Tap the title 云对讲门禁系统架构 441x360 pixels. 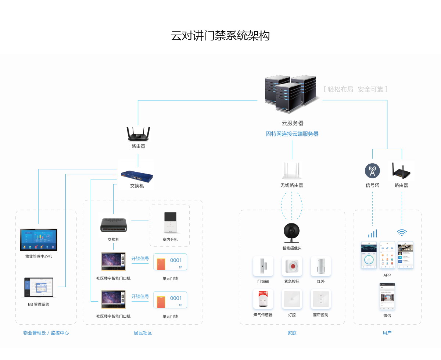(x=220, y=36)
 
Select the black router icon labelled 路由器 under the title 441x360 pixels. (x=138, y=134)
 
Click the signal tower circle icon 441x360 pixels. (x=372, y=171)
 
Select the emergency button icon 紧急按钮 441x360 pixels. (x=292, y=266)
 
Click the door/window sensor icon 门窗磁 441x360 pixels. (x=263, y=266)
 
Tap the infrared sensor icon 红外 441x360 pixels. (x=321, y=266)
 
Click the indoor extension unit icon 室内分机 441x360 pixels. (x=170, y=222)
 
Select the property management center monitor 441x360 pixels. (x=39, y=240)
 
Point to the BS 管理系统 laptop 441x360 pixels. (x=39, y=288)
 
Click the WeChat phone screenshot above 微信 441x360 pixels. (x=387, y=296)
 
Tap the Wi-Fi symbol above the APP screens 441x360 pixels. (x=402, y=232)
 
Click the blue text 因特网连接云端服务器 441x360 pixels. (x=292, y=134)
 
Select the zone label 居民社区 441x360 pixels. (x=143, y=333)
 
